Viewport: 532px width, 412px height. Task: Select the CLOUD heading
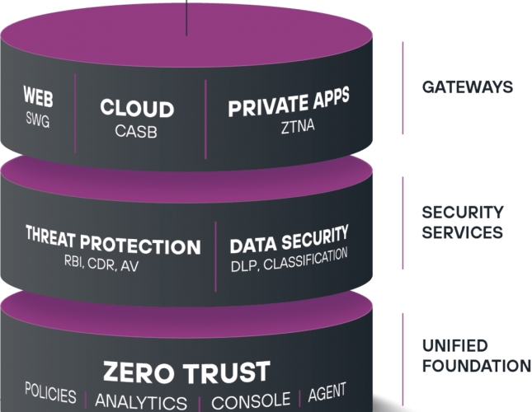(x=137, y=109)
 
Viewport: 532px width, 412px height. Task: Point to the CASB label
(x=137, y=130)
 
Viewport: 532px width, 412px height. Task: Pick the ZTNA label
(x=289, y=125)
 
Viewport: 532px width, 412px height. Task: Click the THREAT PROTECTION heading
(x=113, y=246)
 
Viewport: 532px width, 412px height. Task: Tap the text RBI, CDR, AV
(x=113, y=266)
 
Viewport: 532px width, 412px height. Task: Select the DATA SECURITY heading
(x=289, y=242)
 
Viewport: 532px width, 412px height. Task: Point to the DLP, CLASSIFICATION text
(x=289, y=262)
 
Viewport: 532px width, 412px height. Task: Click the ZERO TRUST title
(x=186, y=372)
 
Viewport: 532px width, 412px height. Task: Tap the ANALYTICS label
(x=141, y=402)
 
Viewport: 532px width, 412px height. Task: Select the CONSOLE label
(x=251, y=401)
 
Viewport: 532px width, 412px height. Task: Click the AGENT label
(x=327, y=392)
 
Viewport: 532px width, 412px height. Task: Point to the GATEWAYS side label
(x=467, y=87)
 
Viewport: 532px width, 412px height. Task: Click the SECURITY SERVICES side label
(x=462, y=222)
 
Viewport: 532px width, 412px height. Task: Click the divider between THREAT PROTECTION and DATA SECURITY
(x=216, y=253)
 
